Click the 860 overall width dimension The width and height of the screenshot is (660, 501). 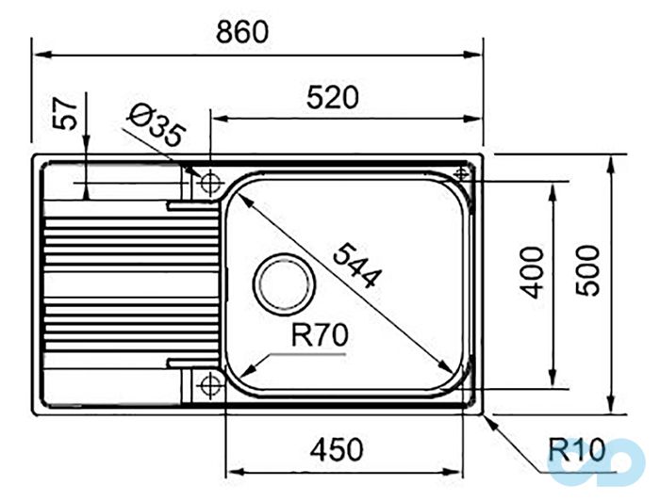tap(242, 31)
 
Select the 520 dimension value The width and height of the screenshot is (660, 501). tap(332, 97)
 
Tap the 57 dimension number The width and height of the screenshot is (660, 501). tap(63, 114)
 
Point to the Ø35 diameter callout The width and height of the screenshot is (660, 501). tap(154, 125)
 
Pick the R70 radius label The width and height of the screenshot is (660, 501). tap(320, 333)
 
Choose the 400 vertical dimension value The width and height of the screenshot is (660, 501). tap(532, 271)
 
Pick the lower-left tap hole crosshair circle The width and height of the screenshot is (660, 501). tap(208, 383)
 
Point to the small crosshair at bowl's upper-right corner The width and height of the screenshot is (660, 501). tap(462, 173)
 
